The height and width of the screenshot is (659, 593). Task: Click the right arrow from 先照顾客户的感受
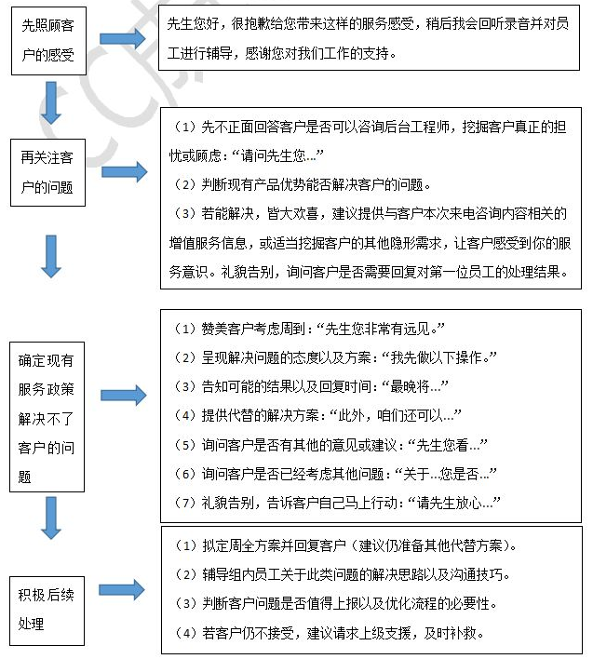click(x=123, y=39)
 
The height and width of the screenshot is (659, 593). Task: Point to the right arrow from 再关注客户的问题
click(x=123, y=171)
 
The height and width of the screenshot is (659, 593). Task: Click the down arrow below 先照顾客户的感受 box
click(x=51, y=104)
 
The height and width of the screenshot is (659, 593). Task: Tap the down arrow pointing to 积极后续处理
click(x=51, y=519)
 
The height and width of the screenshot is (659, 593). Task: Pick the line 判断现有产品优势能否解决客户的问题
click(x=307, y=183)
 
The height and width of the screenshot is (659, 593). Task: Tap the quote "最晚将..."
click(x=410, y=386)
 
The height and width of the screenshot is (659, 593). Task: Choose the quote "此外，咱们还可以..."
click(x=399, y=415)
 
